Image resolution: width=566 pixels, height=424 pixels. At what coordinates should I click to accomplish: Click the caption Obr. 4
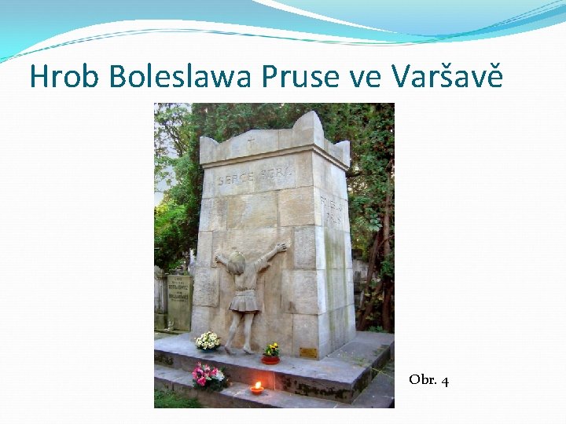coord(428,381)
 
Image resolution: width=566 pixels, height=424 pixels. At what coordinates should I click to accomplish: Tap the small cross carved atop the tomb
coord(251,141)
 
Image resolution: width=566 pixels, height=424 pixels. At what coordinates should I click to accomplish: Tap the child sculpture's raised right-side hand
coord(281,247)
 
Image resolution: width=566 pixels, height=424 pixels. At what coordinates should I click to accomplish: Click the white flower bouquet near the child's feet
coord(208,341)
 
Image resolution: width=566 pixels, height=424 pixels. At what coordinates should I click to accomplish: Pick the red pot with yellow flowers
coord(271,354)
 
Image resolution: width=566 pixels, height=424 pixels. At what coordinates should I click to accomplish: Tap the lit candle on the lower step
coord(256,388)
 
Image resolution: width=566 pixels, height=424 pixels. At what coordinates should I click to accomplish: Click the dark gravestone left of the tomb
coord(179,300)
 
